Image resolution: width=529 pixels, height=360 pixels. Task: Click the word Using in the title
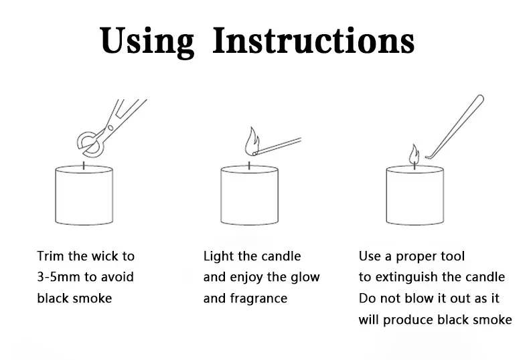(147, 41)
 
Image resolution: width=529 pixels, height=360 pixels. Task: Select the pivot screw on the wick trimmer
(110, 128)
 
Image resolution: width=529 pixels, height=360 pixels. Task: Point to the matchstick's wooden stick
(277, 147)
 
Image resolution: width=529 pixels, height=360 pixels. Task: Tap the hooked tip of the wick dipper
(428, 157)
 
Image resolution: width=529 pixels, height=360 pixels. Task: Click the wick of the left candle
(84, 165)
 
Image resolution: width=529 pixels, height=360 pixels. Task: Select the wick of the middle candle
(249, 165)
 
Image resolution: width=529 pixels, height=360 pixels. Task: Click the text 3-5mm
(58, 277)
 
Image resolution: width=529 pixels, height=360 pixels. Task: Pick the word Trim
(50, 256)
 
